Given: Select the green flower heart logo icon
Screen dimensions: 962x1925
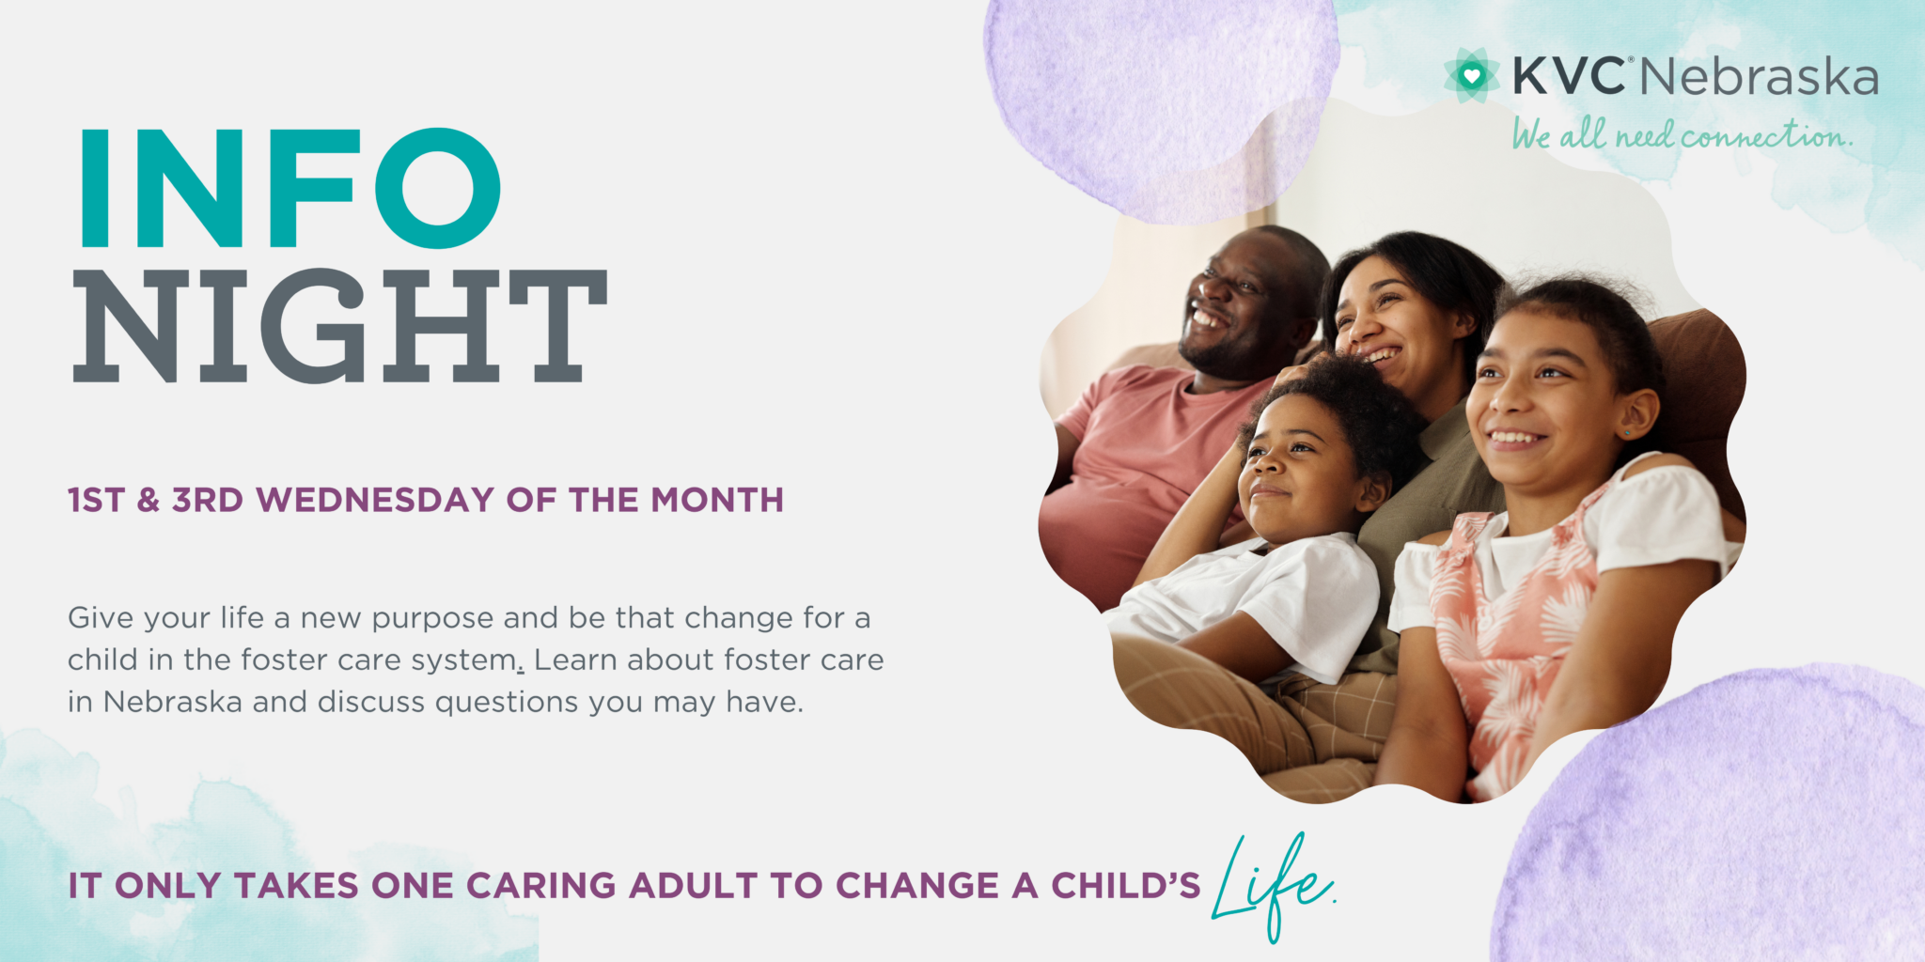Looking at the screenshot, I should coord(1471,75).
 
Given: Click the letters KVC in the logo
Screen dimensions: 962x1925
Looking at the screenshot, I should coord(1568,76).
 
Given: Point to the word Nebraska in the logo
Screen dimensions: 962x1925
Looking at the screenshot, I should coord(1759,78).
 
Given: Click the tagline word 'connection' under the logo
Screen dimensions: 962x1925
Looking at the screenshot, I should coord(1765,137).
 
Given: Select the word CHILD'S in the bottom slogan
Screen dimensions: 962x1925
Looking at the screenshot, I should coord(1125,886).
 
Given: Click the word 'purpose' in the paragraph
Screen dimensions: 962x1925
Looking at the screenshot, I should coord(432,619).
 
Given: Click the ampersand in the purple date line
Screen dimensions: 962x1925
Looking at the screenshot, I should coord(148,500).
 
